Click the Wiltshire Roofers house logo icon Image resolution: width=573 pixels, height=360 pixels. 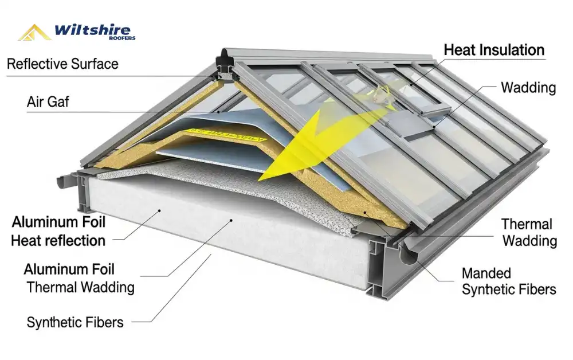pyautogui.click(x=35, y=32)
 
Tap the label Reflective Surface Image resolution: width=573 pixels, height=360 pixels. pyautogui.click(x=62, y=64)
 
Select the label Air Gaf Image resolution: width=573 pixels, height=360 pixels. pyautogui.click(x=48, y=103)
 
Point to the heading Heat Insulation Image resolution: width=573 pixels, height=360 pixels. pyautogui.click(x=494, y=50)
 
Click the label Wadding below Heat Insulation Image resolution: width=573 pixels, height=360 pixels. pyautogui.click(x=528, y=88)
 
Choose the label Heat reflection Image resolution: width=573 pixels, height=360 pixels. pyautogui.click(x=58, y=241)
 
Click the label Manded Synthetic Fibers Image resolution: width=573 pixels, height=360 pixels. pyautogui.click(x=508, y=281)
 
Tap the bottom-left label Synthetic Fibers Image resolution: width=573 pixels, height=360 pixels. pyautogui.click(x=74, y=323)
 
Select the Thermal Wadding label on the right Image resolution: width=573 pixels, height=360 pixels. pyautogui.click(x=529, y=232)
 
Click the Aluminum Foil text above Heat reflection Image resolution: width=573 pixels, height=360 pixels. pyautogui.click(x=58, y=222)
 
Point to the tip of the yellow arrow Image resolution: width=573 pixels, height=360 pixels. pyautogui.click(x=261, y=181)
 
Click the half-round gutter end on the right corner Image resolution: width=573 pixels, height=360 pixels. pyautogui.click(x=409, y=256)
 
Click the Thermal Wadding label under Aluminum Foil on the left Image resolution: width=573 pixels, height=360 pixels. pyautogui.click(x=80, y=287)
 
